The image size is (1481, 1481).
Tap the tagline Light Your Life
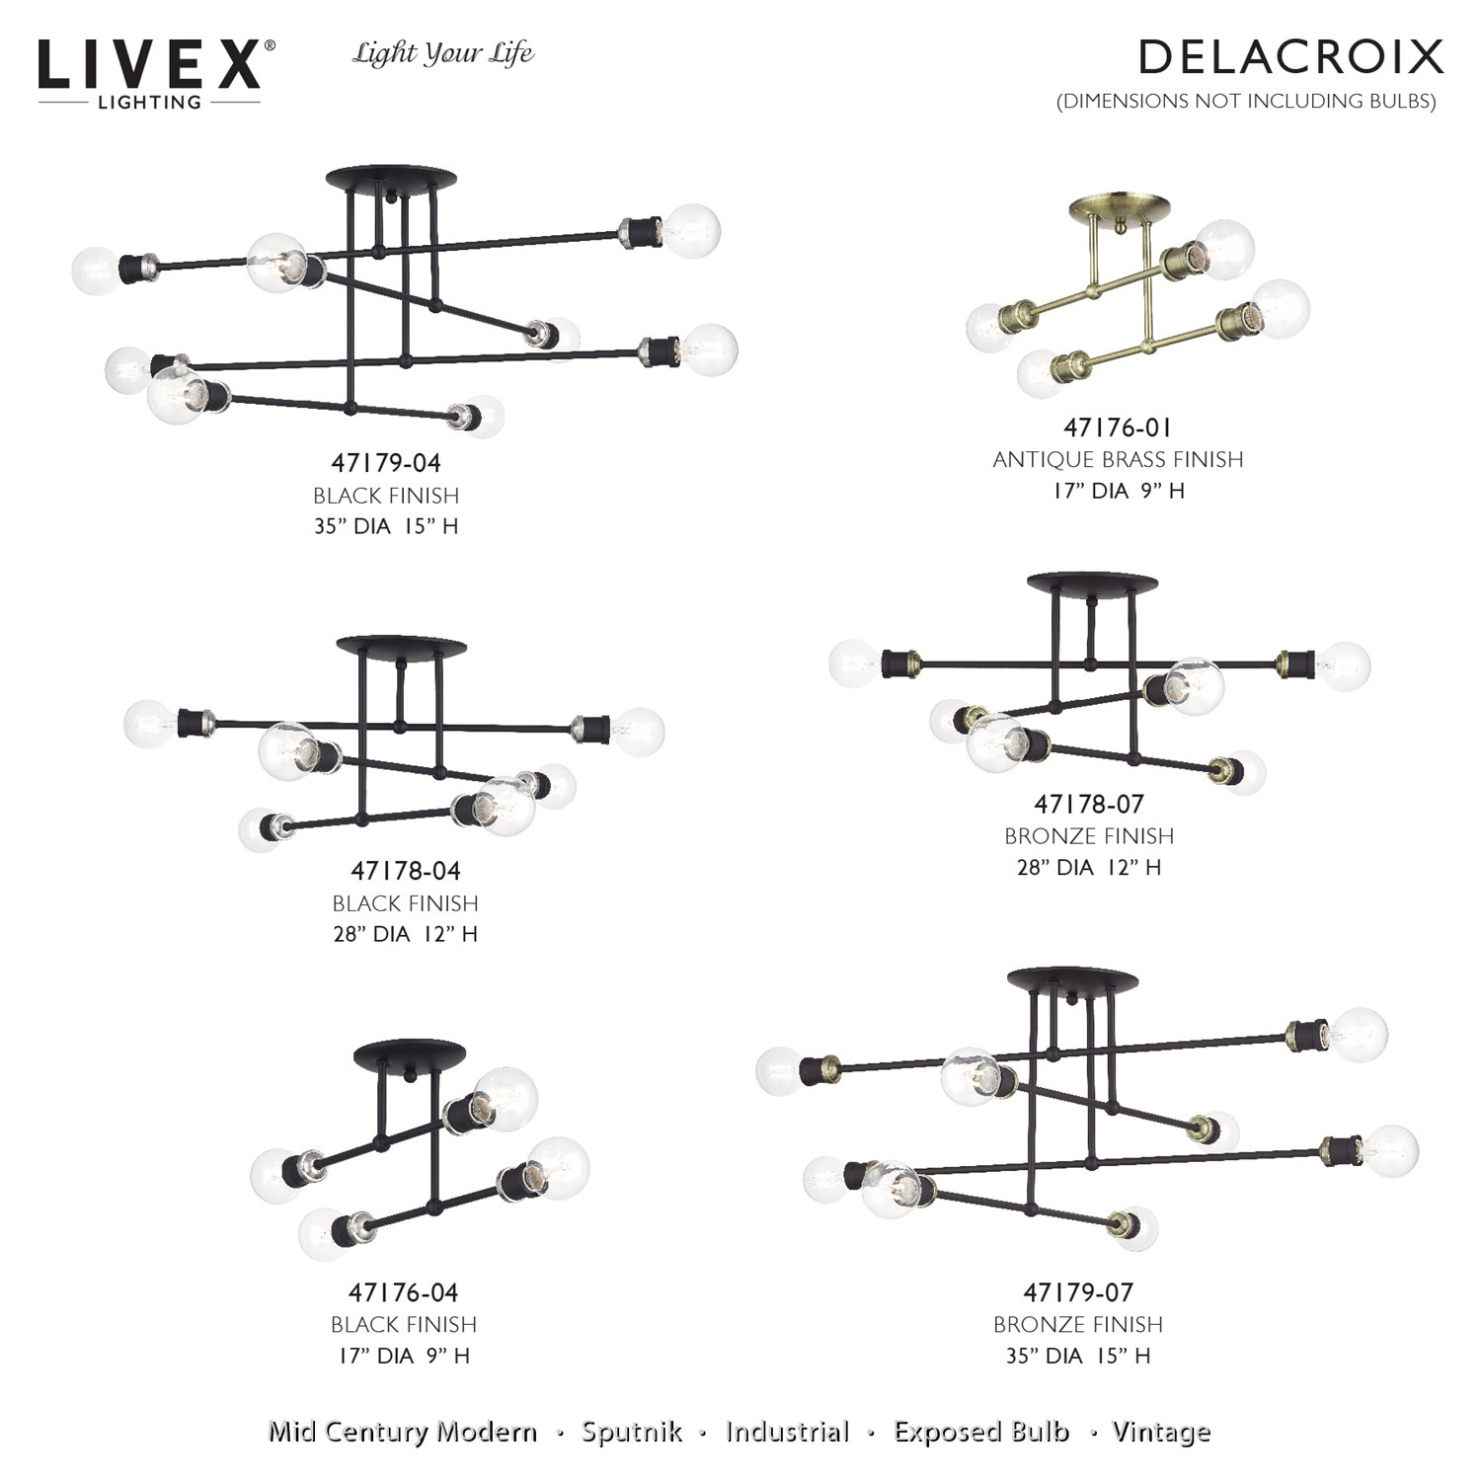click(443, 53)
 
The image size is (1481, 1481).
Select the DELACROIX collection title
click(1291, 57)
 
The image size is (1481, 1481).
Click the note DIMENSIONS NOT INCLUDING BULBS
click(1246, 101)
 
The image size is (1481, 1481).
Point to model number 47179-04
click(386, 462)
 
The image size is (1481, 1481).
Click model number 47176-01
click(1118, 428)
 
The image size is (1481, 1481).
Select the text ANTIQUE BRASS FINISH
click(1118, 459)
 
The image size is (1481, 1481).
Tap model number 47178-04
click(406, 871)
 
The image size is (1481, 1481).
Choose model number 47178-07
click(1089, 804)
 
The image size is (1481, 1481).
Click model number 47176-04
click(404, 1292)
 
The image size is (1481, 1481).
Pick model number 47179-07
click(1078, 1292)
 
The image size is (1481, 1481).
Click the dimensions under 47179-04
click(386, 526)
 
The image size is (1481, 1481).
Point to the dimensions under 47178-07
click(1089, 867)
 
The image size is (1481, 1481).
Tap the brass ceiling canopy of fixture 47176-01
click(1119, 208)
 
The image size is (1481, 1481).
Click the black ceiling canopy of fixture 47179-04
click(392, 180)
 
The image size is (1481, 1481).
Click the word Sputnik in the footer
click(632, 1432)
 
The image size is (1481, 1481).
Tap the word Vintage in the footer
click(1161, 1433)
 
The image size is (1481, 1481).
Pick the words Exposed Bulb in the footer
click(981, 1432)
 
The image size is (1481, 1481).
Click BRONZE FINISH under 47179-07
click(1078, 1324)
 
